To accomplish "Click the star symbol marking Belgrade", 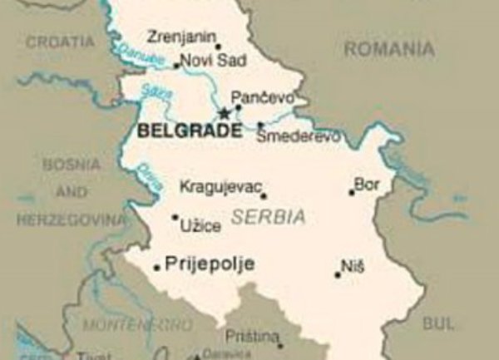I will pos(223,113).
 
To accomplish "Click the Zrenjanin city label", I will pos(180,37).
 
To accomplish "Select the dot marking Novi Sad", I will pos(176,66).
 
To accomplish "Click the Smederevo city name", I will pos(298,136).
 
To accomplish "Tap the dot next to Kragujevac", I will pos(264,196).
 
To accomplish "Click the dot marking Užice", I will pos(175,218).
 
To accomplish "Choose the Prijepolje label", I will pos(210,264).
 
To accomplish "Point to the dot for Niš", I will pos(338,274).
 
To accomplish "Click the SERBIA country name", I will pos(268,218).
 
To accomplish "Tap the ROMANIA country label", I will pos(388,49).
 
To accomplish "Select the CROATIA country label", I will pos(60,41).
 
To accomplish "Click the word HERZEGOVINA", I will pos(72,220).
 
